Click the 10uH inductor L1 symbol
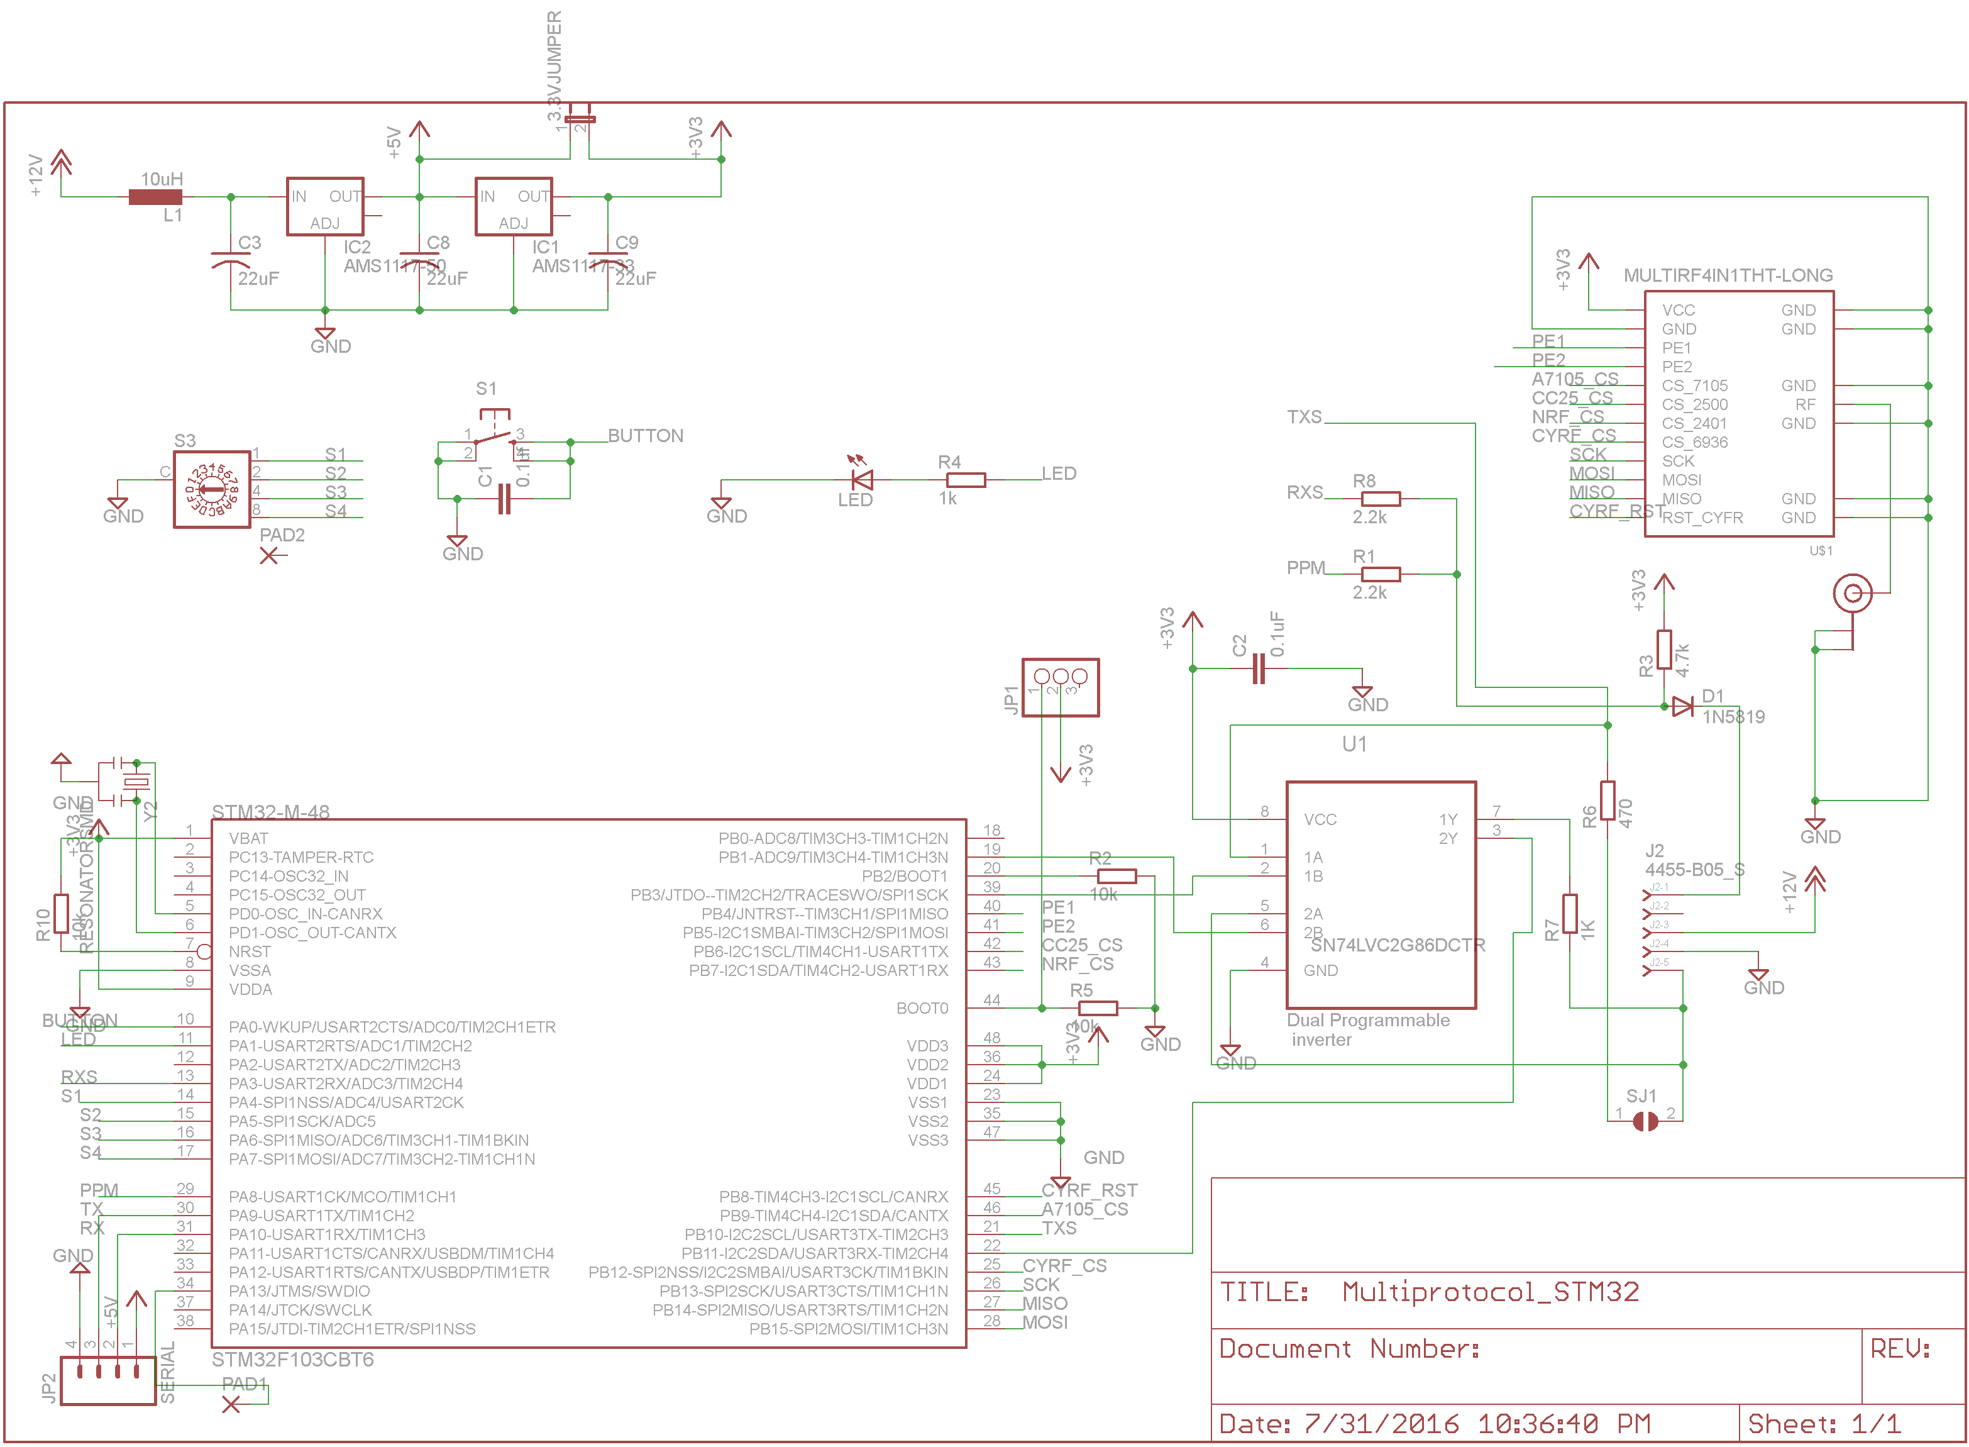[x=155, y=197]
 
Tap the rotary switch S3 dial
[x=212, y=489]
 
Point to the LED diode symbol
[x=863, y=480]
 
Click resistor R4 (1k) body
[x=966, y=480]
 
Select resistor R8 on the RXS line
[x=1381, y=499]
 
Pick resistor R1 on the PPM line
[x=1381, y=575]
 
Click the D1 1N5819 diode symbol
[x=1682, y=707]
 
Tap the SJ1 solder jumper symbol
[x=1645, y=1121]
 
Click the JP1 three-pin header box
[x=1060, y=687]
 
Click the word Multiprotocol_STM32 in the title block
[x=1490, y=1292]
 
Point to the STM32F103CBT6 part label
[x=292, y=1360]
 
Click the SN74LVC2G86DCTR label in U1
[x=1398, y=945]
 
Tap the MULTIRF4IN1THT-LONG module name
[x=1728, y=275]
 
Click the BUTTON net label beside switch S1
[x=645, y=435]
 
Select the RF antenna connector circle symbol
[x=1853, y=594]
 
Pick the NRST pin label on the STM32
[x=250, y=951]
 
